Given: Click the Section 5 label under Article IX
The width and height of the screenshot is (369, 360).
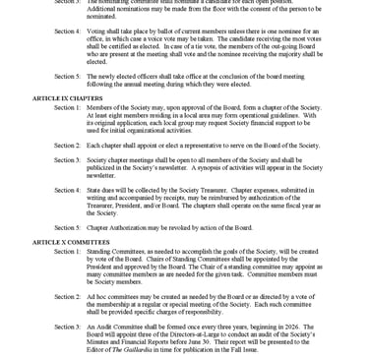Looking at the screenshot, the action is coord(67,226).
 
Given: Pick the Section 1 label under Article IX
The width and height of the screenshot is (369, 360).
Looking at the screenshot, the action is coord(67,106).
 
